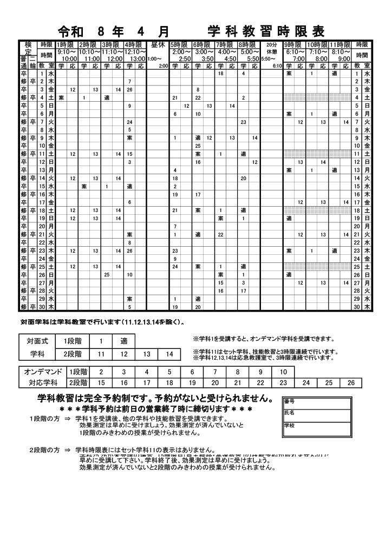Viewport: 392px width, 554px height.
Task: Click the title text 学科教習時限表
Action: click(x=266, y=30)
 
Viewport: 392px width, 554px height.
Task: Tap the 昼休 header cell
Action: click(x=158, y=44)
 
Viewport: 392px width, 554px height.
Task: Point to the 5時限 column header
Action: click(x=180, y=44)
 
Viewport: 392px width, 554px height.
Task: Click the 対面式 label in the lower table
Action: click(x=37, y=341)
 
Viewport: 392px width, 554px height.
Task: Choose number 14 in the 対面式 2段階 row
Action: click(x=169, y=354)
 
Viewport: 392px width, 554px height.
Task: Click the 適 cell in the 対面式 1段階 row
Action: click(x=123, y=341)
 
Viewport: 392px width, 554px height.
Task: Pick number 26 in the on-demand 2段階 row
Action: click(x=351, y=382)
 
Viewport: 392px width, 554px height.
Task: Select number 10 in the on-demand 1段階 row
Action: click(x=283, y=372)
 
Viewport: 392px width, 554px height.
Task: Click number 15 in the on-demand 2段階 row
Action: click(x=101, y=382)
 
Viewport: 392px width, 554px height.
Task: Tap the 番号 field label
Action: click(x=289, y=401)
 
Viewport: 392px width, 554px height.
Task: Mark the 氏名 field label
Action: click(x=289, y=412)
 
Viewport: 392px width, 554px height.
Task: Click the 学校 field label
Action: click(x=289, y=425)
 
